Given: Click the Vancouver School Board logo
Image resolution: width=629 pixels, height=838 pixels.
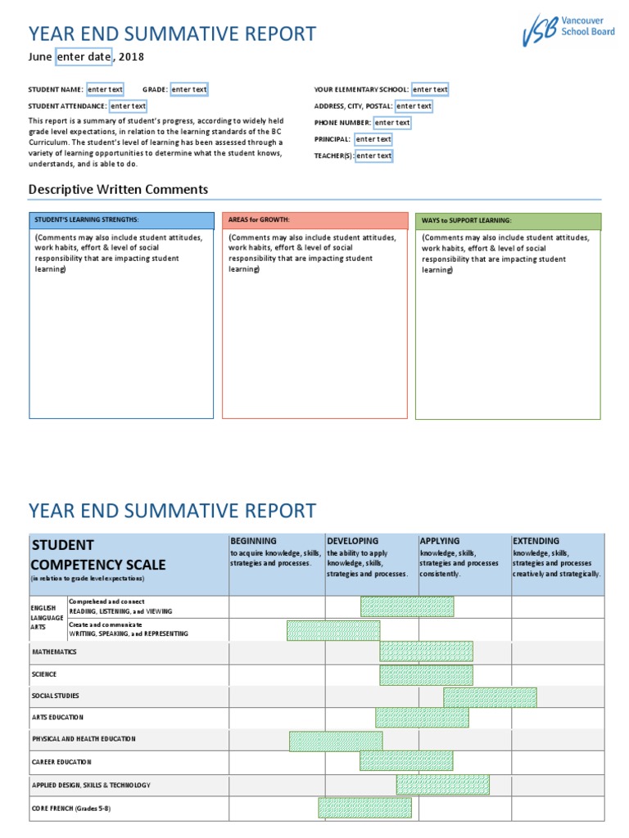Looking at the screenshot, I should click(568, 31).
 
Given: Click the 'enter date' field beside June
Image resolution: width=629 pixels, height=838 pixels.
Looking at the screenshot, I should click(83, 56).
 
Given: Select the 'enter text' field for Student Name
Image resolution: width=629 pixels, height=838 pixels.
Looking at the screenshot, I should click(105, 89).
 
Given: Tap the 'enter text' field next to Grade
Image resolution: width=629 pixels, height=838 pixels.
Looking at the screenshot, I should click(188, 89).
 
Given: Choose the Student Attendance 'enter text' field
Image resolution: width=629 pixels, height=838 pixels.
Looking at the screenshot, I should click(128, 106).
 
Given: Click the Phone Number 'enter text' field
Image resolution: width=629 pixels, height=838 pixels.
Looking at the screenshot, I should click(391, 123).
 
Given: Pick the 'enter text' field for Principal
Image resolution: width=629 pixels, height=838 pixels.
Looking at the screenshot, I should click(373, 139).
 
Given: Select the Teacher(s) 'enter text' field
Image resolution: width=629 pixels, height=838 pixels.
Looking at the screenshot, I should click(373, 155).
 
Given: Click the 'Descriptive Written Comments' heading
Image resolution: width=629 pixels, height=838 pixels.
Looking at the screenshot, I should click(118, 190).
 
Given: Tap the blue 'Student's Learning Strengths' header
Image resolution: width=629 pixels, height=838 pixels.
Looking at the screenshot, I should click(121, 220).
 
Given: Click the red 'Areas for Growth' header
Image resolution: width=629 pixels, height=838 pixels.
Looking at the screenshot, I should click(314, 220).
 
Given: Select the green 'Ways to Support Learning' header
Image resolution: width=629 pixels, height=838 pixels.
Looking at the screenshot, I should click(508, 221).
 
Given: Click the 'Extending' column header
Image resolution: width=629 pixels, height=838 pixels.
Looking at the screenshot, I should click(536, 541).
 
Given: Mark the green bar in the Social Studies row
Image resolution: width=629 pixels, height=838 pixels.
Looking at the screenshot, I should click(490, 697).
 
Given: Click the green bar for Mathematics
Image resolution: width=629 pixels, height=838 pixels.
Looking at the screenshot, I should click(425, 652).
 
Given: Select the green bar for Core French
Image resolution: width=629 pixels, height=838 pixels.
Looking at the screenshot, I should click(364, 808).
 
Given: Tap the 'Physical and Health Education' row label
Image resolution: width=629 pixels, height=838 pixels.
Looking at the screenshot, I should click(84, 739).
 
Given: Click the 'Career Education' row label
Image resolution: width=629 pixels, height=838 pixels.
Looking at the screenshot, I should click(61, 762).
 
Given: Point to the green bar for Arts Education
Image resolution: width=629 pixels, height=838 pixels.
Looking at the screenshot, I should click(422, 718).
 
